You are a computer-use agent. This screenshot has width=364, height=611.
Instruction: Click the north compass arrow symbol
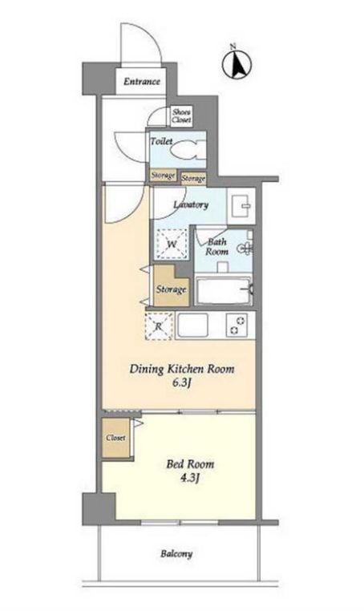[x=237, y=63]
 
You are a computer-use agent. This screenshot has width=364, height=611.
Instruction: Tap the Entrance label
[x=142, y=82]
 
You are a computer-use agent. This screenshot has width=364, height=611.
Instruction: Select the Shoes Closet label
[x=182, y=116]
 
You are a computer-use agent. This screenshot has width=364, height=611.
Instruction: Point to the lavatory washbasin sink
[x=241, y=205]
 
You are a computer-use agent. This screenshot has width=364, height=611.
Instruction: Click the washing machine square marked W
[x=172, y=245]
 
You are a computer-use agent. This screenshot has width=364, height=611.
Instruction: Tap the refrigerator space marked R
[x=159, y=326]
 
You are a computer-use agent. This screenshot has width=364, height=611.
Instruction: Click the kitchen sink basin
[x=192, y=325]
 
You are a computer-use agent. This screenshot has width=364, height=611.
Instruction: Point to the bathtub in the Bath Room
[x=224, y=291]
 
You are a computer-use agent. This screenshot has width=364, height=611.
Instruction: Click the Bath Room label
[x=216, y=247]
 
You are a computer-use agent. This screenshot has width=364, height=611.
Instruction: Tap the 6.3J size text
[x=181, y=383]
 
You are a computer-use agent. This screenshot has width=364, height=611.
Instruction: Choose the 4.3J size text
[x=190, y=478]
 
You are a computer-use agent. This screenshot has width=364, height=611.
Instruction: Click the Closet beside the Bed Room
[x=115, y=438]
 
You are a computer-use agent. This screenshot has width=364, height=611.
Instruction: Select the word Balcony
[x=176, y=554]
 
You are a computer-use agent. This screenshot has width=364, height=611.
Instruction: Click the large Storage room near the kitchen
[x=171, y=286]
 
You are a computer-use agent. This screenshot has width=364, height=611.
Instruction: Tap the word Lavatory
[x=191, y=204]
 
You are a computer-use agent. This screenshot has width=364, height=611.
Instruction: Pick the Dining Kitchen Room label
[x=182, y=369]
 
